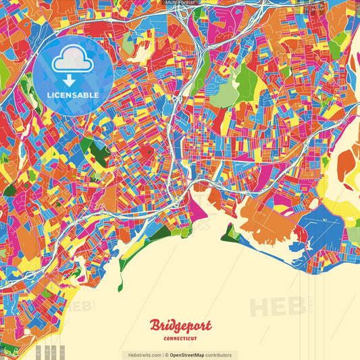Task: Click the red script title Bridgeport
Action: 180,326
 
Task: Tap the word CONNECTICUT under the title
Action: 180,337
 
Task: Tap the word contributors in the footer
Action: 220,355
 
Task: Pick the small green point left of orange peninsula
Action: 230,233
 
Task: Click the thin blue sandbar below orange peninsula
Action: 270,242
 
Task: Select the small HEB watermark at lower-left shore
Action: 81,305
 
